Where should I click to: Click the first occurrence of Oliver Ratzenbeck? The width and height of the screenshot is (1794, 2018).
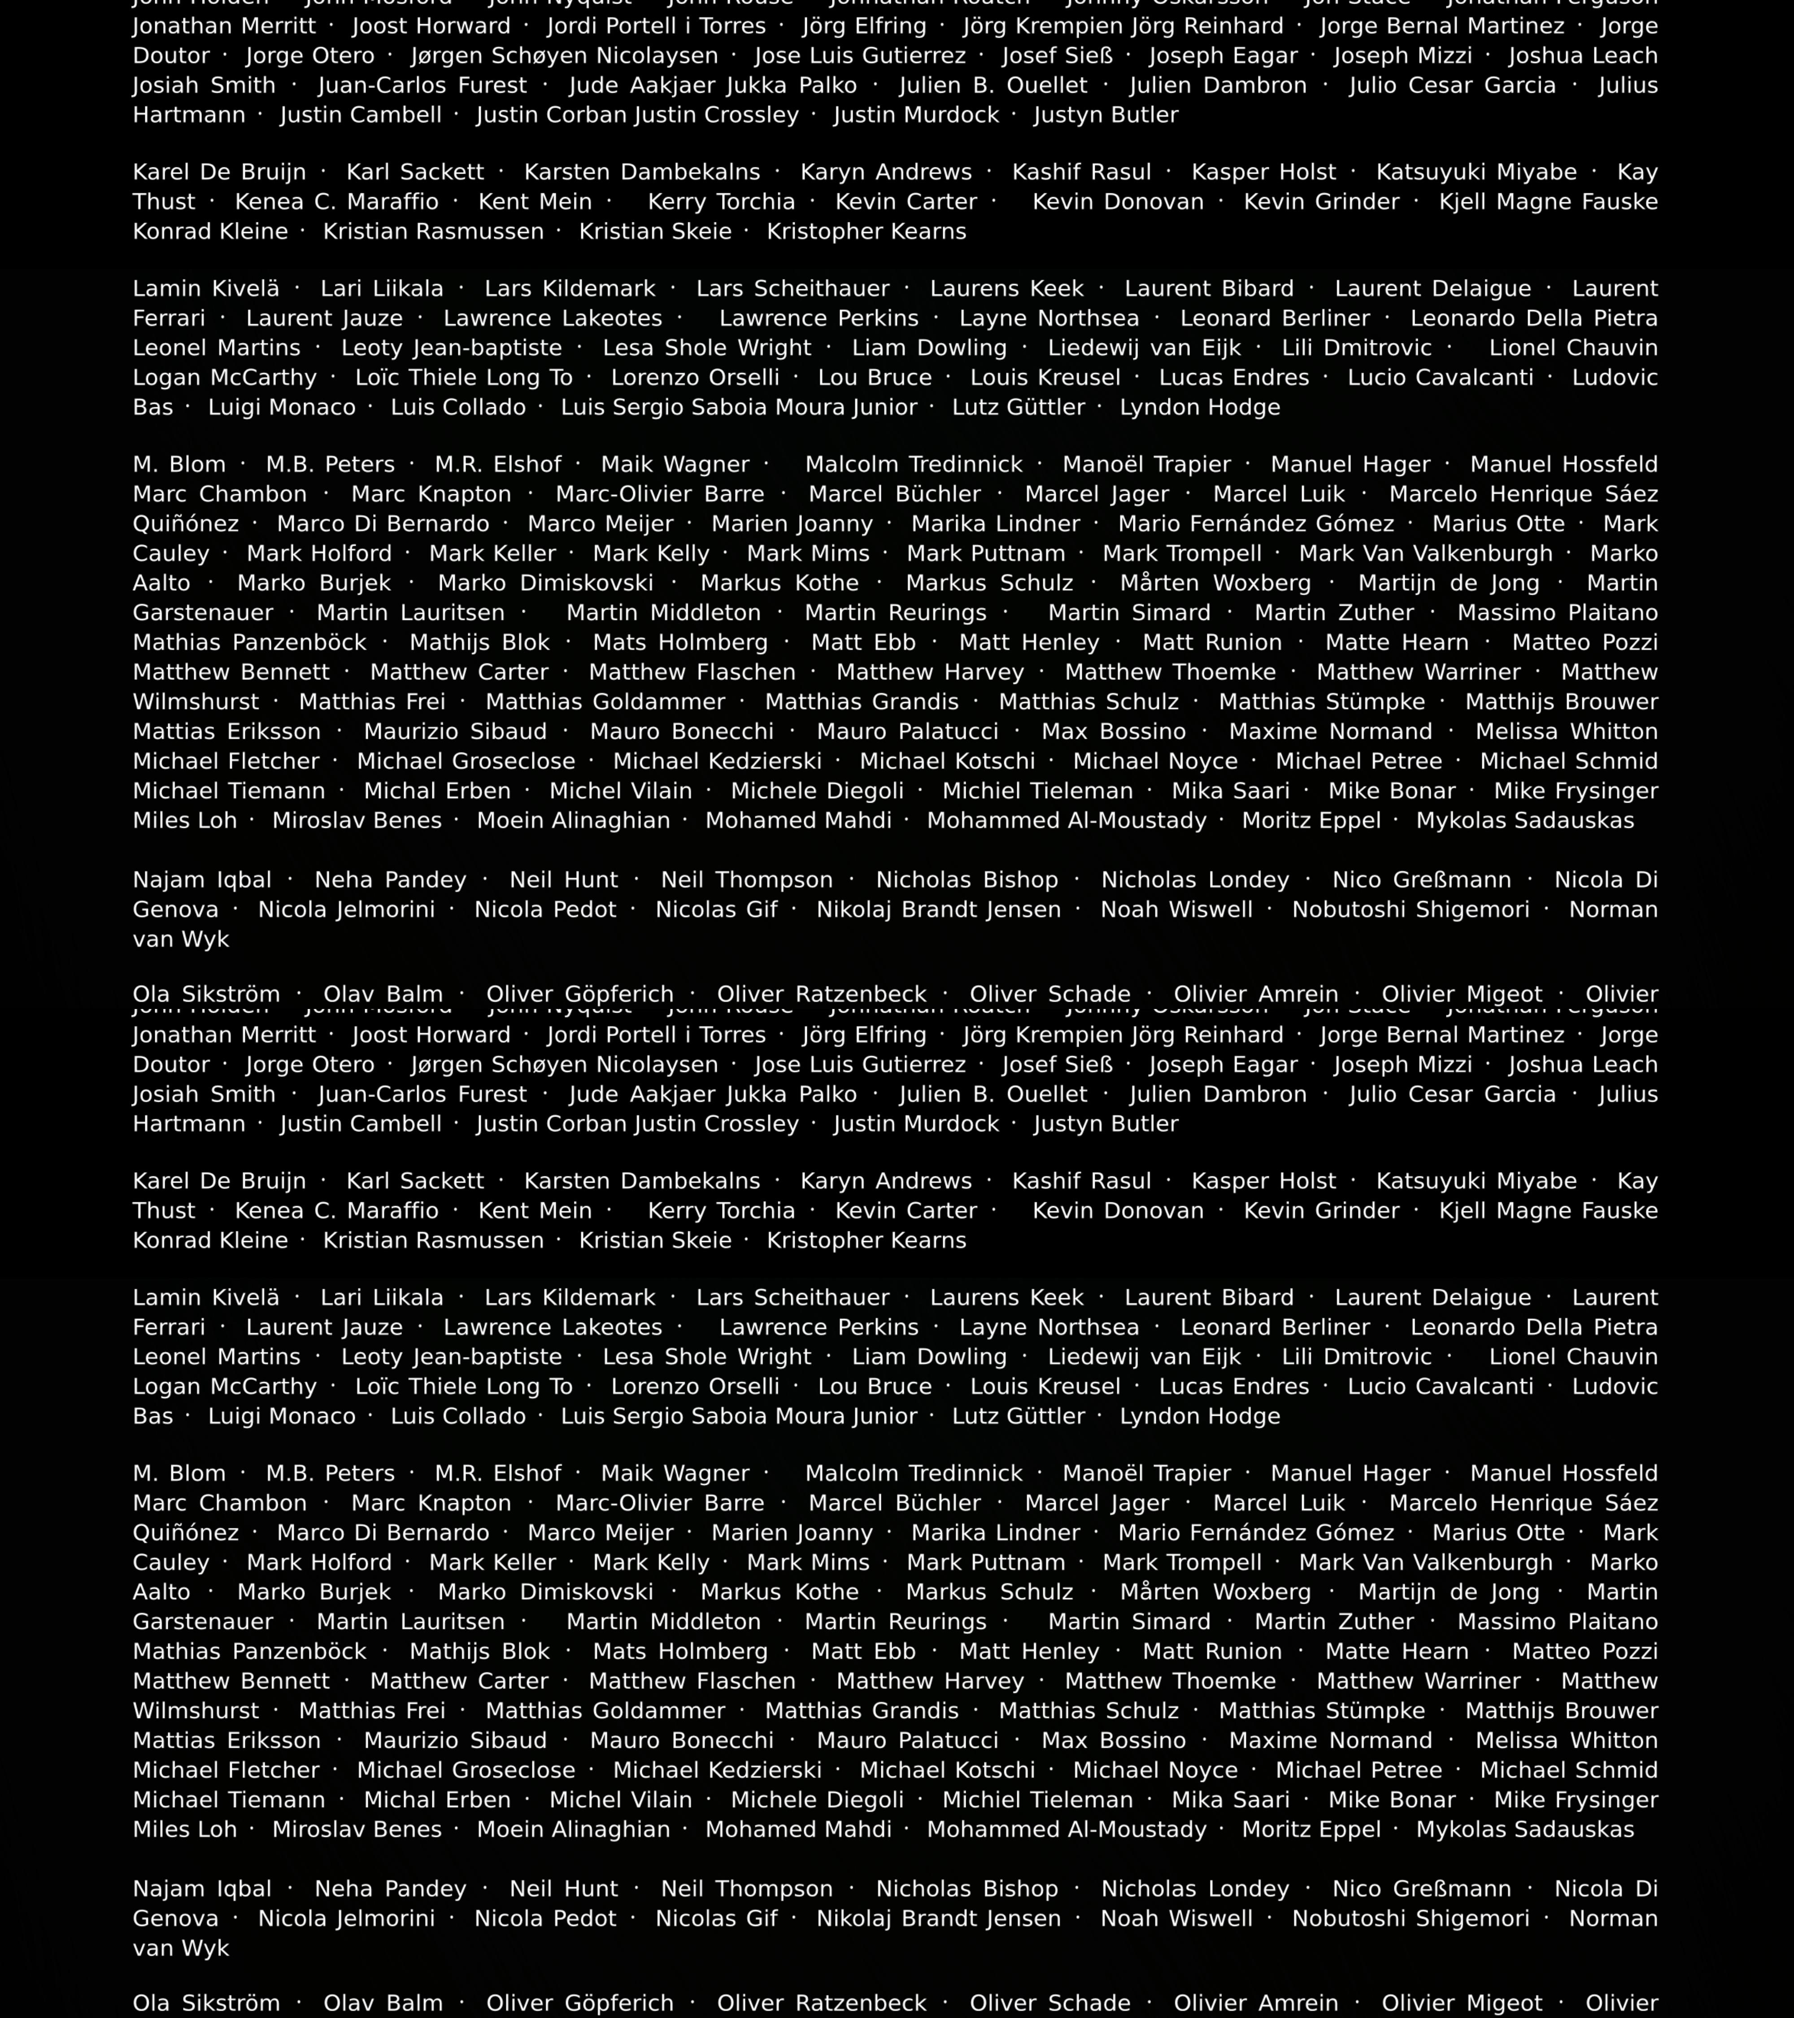pyautogui.click(x=822, y=994)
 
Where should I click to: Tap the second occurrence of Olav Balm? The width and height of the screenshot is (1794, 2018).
pyautogui.click(x=383, y=2003)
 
